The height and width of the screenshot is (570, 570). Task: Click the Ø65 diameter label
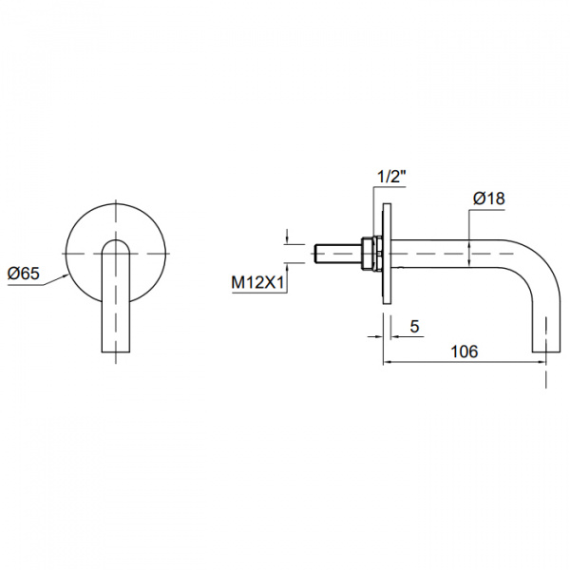pyautogui.click(x=23, y=274)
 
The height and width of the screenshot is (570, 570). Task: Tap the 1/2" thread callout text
pyautogui.click(x=391, y=178)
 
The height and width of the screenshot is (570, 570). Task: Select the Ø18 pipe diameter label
pyautogui.click(x=489, y=199)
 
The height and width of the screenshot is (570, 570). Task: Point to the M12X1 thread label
pyautogui.click(x=257, y=282)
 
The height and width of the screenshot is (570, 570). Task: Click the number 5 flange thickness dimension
pyautogui.click(x=414, y=327)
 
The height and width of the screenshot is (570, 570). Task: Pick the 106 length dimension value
pyautogui.click(x=465, y=351)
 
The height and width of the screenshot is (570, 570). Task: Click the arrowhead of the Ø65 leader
pyautogui.click(x=66, y=276)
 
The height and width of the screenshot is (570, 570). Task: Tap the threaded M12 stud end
pyautogui.click(x=337, y=253)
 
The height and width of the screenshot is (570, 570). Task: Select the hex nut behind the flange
pyautogui.click(x=370, y=253)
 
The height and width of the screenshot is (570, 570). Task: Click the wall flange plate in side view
pyautogui.click(x=387, y=254)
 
